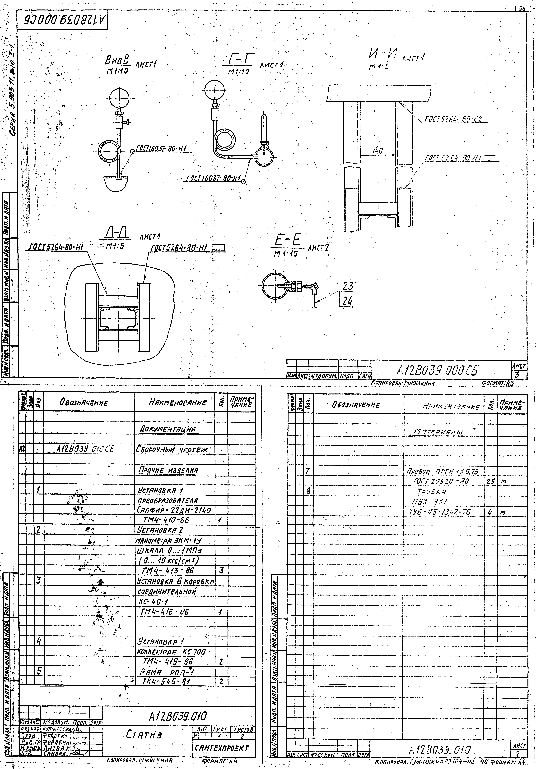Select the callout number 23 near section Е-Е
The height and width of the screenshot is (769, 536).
click(348, 286)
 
